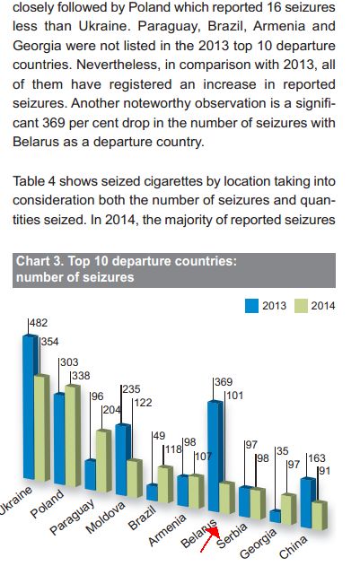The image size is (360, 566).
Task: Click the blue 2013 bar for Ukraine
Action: pyautogui.click(x=30, y=407)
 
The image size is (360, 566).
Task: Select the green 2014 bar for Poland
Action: pyautogui.click(x=73, y=436)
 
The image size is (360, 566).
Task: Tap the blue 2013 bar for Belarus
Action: pyautogui.click(x=215, y=456)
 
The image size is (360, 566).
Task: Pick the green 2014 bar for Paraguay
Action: pyautogui.click(x=103, y=461)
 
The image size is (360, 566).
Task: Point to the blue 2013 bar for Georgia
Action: pyautogui.click(x=276, y=516)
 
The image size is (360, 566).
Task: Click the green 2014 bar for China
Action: pyautogui.click(x=320, y=516)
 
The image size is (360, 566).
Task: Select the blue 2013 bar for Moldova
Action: pyautogui.click(x=123, y=459)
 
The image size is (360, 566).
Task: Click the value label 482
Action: pyautogui.click(x=39, y=323)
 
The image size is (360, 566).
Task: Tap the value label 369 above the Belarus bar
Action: pyautogui.click(x=224, y=382)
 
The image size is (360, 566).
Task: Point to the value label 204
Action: pyautogui.click(x=111, y=410)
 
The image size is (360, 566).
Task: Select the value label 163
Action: pyautogui.click(x=317, y=458)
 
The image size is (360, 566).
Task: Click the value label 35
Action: pyautogui.click(x=282, y=451)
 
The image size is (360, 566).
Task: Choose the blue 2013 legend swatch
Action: pyautogui.click(x=251, y=306)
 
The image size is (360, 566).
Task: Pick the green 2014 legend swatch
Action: pyautogui.click(x=301, y=306)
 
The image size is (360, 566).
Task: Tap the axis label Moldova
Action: pyautogui.click(x=105, y=517)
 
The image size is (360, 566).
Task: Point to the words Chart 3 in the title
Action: pyautogui.click(x=40, y=261)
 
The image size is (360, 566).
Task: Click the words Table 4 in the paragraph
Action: pyautogui.click(x=34, y=181)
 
